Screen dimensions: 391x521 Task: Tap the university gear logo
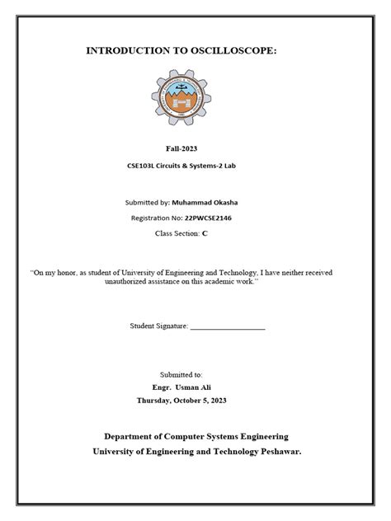195,103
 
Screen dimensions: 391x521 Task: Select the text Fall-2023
195,148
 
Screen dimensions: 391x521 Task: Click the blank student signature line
228,326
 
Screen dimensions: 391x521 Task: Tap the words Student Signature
159,326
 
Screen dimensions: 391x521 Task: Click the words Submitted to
195,373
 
